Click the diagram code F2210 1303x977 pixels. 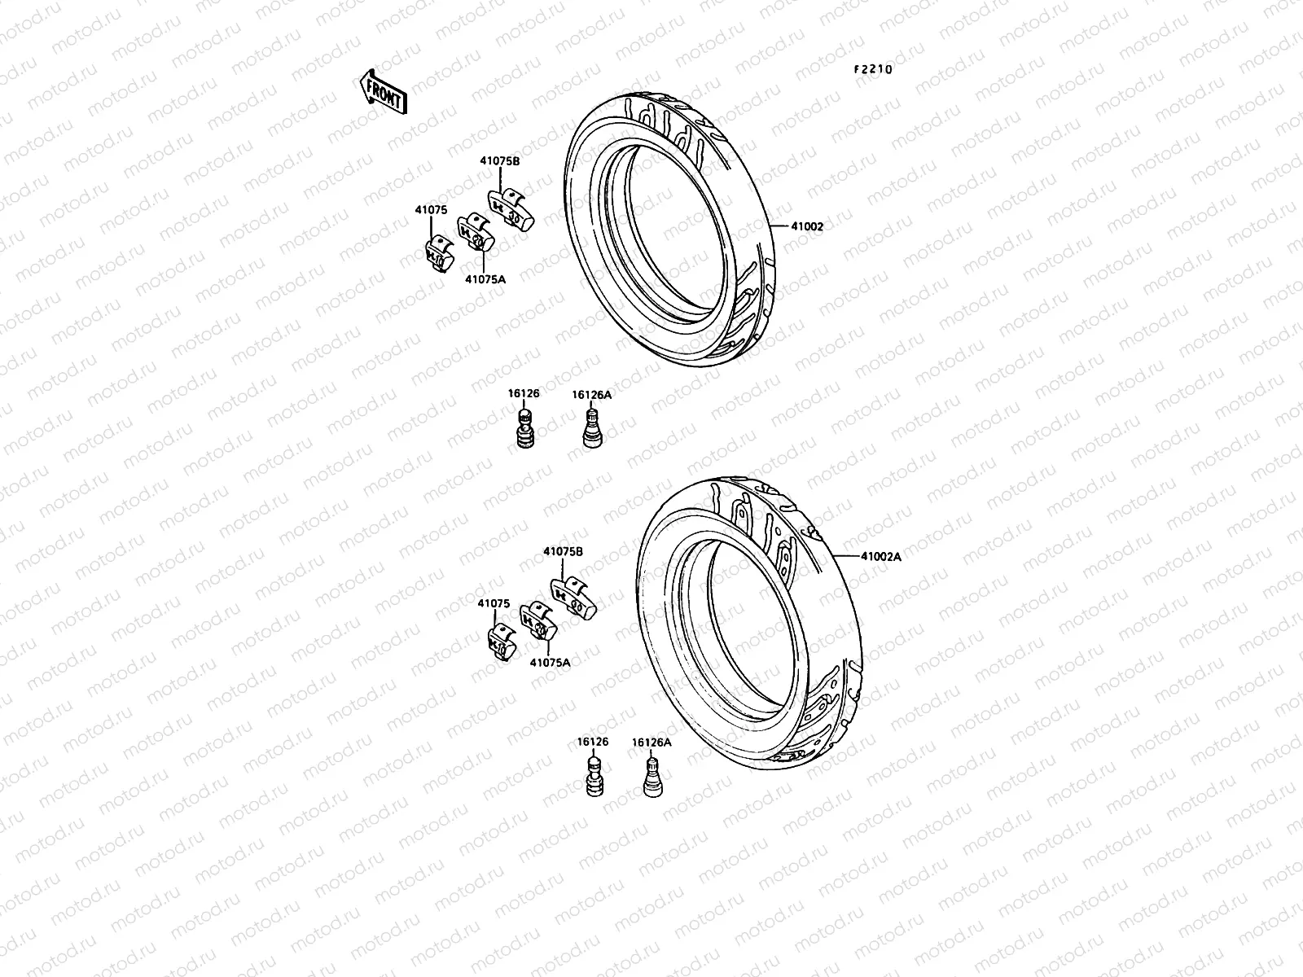(x=873, y=70)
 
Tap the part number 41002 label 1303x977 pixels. (x=806, y=227)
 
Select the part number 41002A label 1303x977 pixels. (x=881, y=557)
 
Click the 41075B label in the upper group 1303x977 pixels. (x=499, y=161)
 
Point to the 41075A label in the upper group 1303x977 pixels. (x=485, y=279)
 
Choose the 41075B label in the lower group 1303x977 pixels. (x=563, y=551)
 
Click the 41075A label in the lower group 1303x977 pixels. (x=550, y=662)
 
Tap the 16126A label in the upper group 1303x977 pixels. (x=591, y=395)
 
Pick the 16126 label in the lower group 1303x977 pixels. (x=593, y=742)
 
